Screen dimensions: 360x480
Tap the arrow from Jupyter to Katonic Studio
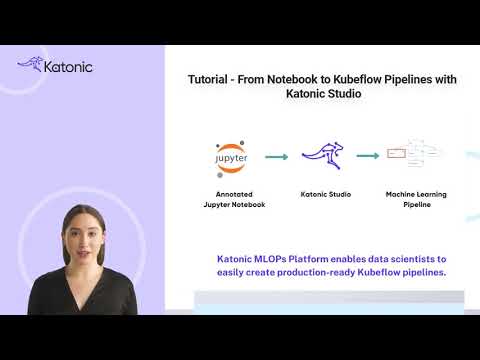pos(277,156)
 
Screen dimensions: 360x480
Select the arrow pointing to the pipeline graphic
pos(368,156)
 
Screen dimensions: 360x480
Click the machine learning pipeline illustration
pos(414,155)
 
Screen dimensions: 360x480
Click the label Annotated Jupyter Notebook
pos(232,199)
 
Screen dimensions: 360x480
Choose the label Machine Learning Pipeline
pos(414,199)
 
